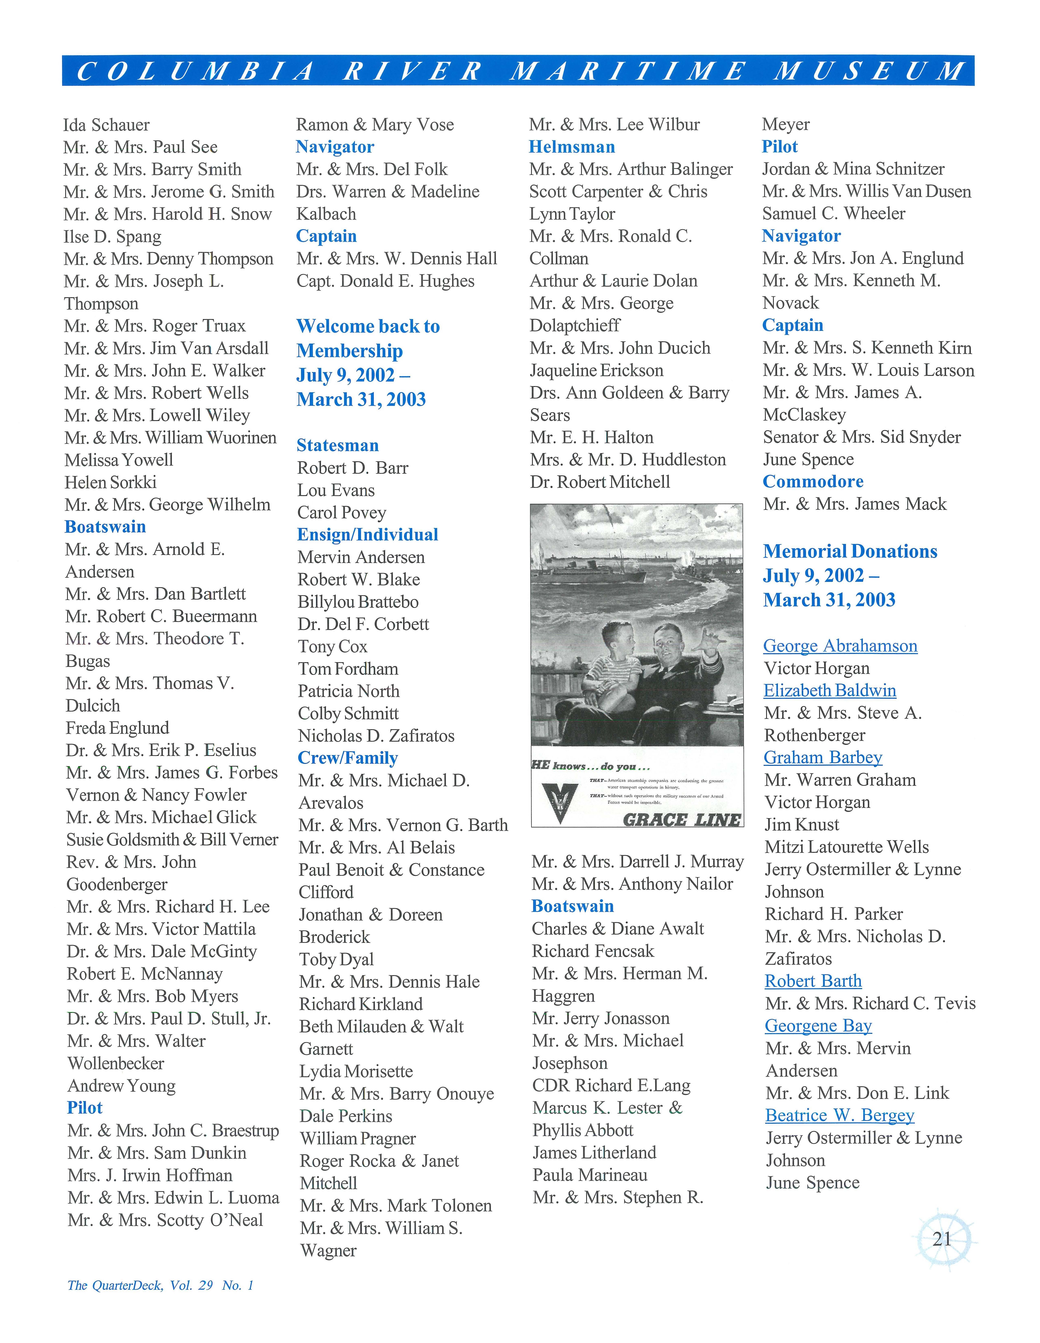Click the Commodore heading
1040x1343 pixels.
click(x=812, y=481)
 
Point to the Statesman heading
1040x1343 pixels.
click(x=338, y=445)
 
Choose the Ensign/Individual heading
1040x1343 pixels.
click(x=367, y=534)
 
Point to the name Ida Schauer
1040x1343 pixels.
click(x=106, y=125)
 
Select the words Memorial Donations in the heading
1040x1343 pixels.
click(x=850, y=551)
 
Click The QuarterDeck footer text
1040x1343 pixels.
click(x=160, y=1285)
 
